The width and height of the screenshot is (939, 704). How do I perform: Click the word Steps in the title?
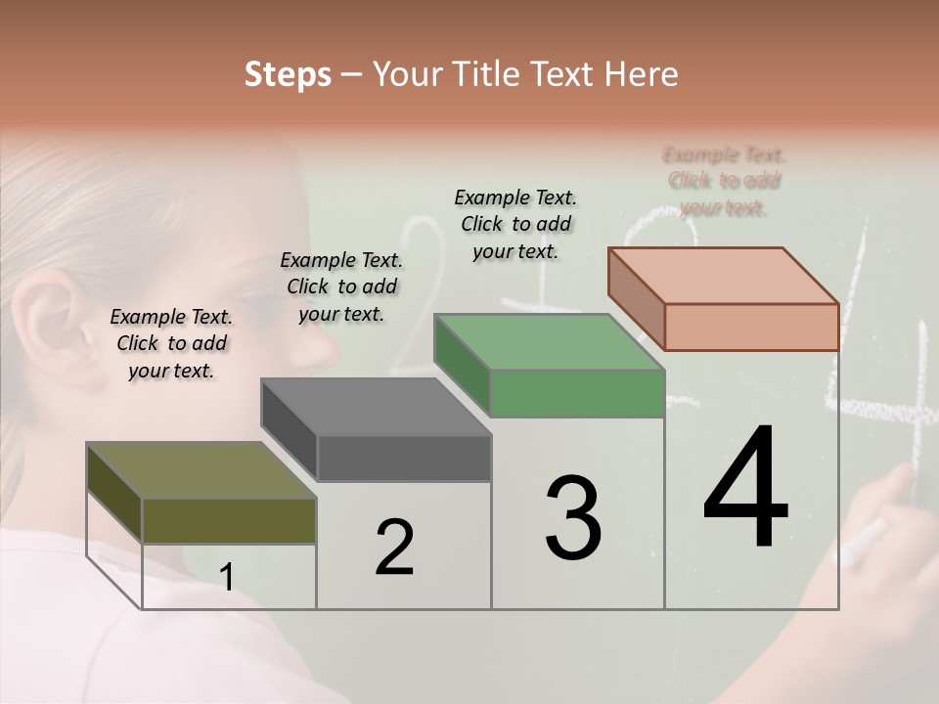[288, 74]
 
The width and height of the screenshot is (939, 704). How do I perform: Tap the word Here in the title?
[642, 74]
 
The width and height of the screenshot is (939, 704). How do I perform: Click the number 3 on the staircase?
[573, 518]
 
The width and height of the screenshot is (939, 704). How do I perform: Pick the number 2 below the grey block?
[394, 548]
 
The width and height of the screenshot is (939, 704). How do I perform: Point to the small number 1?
[226, 577]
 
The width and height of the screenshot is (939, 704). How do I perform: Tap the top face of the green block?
[549, 342]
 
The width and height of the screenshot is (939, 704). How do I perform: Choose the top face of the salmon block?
[723, 276]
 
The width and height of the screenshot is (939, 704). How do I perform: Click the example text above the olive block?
[171, 343]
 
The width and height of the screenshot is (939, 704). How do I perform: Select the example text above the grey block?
[341, 286]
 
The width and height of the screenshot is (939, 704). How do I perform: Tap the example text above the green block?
[515, 224]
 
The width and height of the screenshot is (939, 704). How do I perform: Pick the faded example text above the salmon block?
[724, 181]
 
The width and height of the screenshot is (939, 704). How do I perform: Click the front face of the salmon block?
[751, 327]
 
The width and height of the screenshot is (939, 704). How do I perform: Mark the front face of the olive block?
[229, 520]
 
